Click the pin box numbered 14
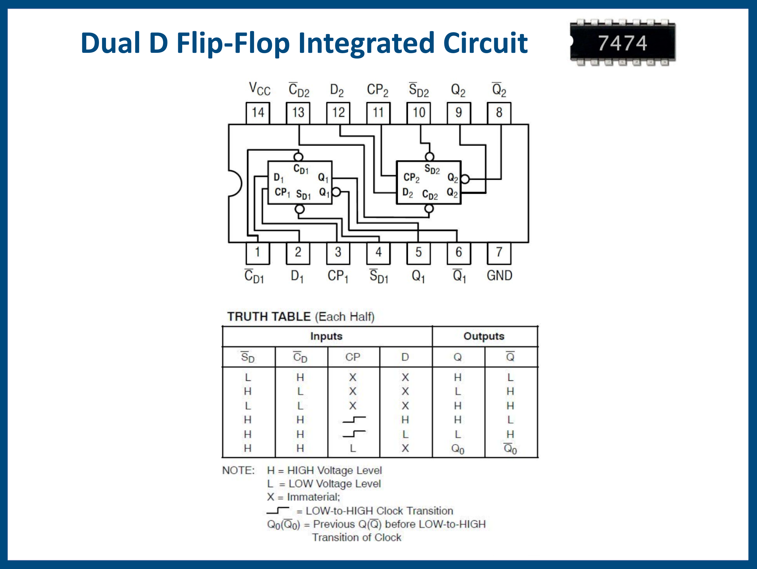258,113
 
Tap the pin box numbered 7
499,253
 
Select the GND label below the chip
499,275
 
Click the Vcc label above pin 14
259,89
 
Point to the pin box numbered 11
378,113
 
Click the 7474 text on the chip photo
622,43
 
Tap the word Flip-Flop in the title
233,43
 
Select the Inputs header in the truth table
326,336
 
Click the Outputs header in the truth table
483,336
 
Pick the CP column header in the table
352,357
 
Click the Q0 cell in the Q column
457,449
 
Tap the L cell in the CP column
352,448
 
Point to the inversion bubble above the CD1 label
298,157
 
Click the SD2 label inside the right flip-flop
432,169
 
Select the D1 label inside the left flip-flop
279,178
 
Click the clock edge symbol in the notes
278,511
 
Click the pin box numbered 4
378,253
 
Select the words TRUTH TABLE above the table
268,317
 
